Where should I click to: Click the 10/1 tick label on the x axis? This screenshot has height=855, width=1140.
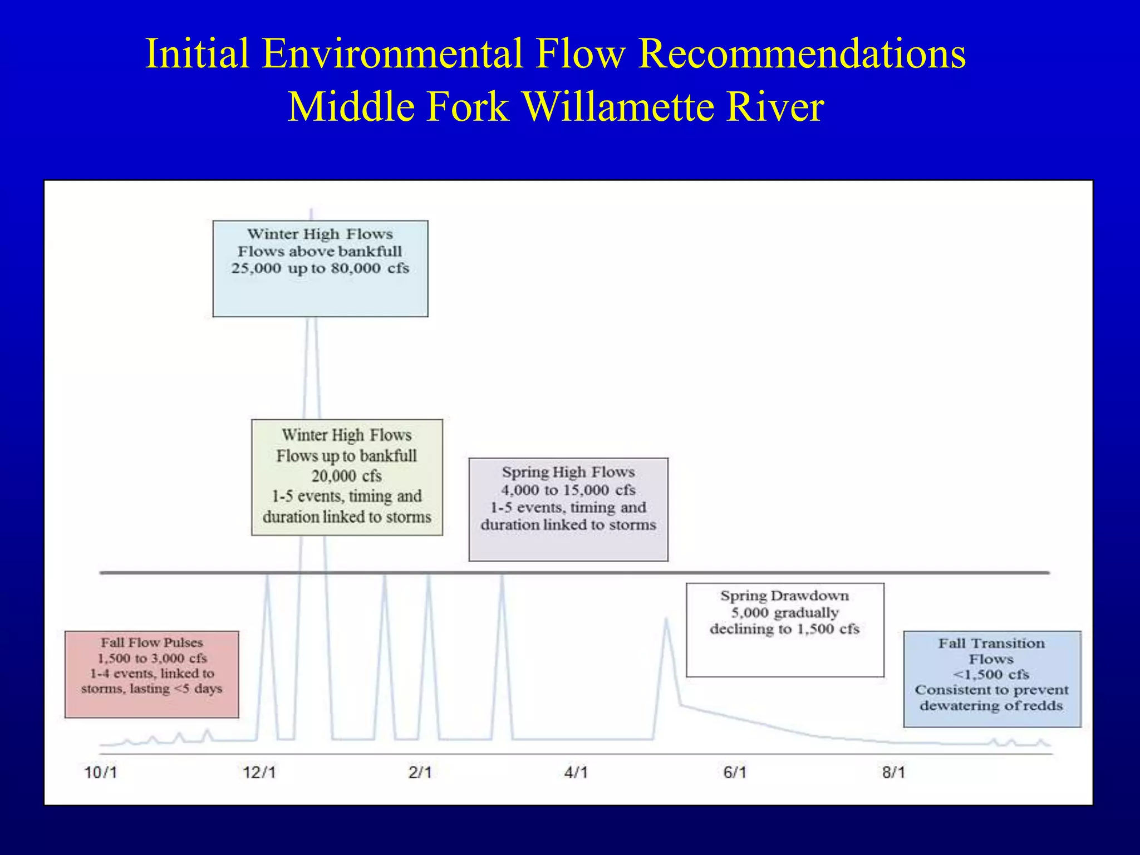coord(100,773)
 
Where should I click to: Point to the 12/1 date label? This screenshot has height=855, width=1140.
coord(259,773)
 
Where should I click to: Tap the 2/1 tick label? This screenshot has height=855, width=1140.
coord(420,773)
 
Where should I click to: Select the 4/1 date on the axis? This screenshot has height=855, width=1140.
coord(576,773)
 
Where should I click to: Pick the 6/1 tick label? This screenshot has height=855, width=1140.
coord(735,773)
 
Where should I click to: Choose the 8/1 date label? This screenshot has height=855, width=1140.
coord(893,773)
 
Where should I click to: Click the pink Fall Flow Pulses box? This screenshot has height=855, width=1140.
coord(151,674)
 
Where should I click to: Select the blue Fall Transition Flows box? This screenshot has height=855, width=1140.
coord(992,679)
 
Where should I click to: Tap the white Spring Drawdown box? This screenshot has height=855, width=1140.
coord(785,630)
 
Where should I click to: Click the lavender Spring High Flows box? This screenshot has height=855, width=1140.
coord(568,509)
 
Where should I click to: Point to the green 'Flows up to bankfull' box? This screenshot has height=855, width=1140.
coord(347,477)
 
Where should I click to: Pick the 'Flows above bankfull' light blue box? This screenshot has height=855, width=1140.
coord(320,268)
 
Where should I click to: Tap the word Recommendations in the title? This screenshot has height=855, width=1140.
coord(802,53)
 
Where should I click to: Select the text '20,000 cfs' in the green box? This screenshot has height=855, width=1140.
coord(346,476)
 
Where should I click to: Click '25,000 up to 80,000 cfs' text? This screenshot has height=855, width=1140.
coord(320,268)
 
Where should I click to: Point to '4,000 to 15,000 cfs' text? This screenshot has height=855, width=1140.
coord(568,490)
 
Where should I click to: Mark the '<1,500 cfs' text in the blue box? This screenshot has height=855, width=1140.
coord(991,675)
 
